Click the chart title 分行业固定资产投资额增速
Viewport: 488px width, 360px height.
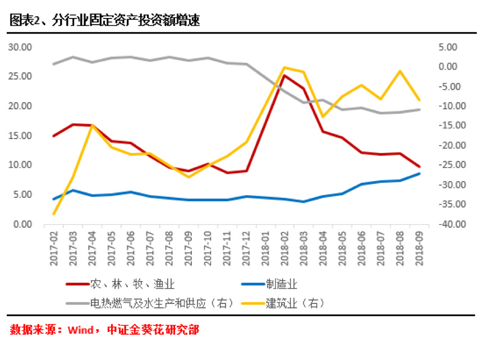pyautogui.click(x=126, y=21)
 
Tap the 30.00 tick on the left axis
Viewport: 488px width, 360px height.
pyautogui.click(x=20, y=47)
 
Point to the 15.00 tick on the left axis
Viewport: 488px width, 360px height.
pyautogui.click(x=20, y=136)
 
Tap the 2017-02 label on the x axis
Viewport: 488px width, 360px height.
pyautogui.click(x=54, y=245)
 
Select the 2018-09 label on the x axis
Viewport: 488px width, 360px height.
pyautogui.click(x=420, y=245)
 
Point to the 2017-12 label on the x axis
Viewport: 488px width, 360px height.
pyautogui.click(x=246, y=245)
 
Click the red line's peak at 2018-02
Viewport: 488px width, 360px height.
pyautogui.click(x=284, y=75)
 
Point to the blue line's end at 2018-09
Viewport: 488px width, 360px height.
pyautogui.click(x=420, y=173)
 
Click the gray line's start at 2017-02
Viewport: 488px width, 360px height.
pyautogui.click(x=54, y=64)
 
